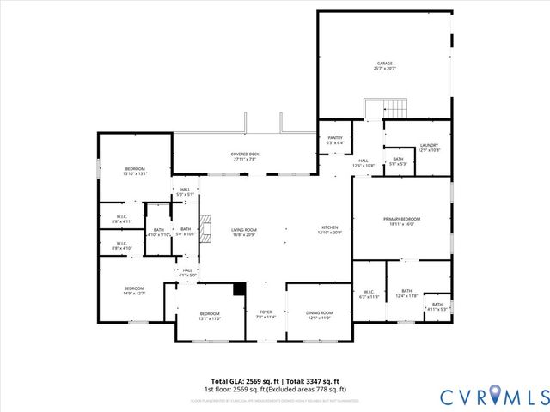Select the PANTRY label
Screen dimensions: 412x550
coord(335,140)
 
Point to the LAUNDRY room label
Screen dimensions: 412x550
coord(429,148)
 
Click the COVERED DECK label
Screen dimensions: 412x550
coord(245,156)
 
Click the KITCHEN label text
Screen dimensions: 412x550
coord(331,229)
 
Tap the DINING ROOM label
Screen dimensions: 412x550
coord(319,315)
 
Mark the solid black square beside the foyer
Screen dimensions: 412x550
coord(240,290)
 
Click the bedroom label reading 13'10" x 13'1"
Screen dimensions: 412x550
coord(136,171)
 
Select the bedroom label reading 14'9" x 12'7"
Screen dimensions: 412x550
coord(134,290)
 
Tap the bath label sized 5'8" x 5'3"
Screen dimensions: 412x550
coord(398,161)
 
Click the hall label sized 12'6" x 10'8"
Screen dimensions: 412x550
coord(364,163)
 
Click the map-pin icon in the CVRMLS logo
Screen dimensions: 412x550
coord(495,396)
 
